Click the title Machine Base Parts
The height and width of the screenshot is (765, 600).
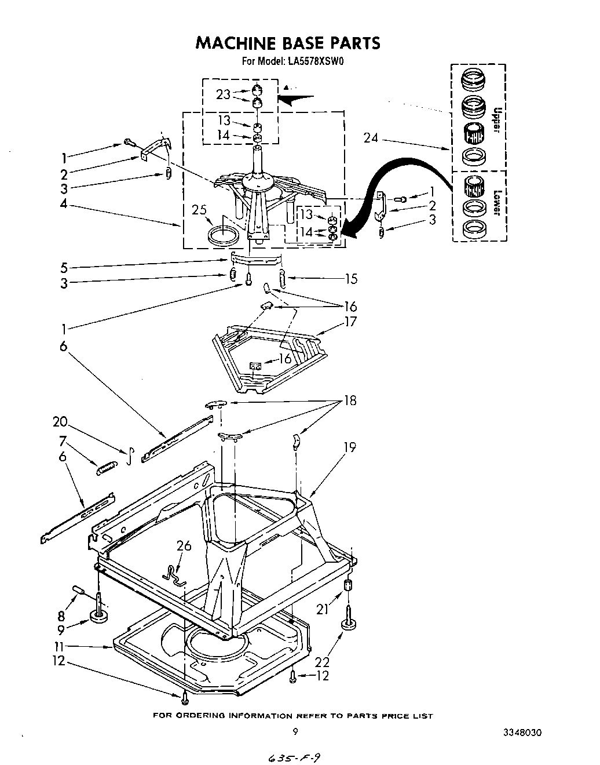point(288,43)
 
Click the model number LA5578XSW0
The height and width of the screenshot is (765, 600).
point(314,60)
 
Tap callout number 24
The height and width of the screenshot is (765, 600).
point(371,138)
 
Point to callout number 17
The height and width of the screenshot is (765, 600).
point(350,322)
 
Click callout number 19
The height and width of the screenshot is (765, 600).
point(349,447)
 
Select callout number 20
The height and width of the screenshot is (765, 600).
point(60,422)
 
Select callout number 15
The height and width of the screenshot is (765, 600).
point(351,279)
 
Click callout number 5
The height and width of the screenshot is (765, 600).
point(64,268)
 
